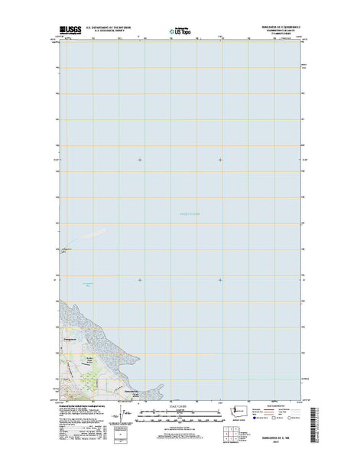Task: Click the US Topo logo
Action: (180, 32)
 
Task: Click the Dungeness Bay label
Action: (87, 285)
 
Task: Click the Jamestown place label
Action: (125, 391)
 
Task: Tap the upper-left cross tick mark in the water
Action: (140, 159)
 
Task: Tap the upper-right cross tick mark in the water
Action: (221, 159)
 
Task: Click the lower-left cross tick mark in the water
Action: (140, 280)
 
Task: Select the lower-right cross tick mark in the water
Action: (221, 280)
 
